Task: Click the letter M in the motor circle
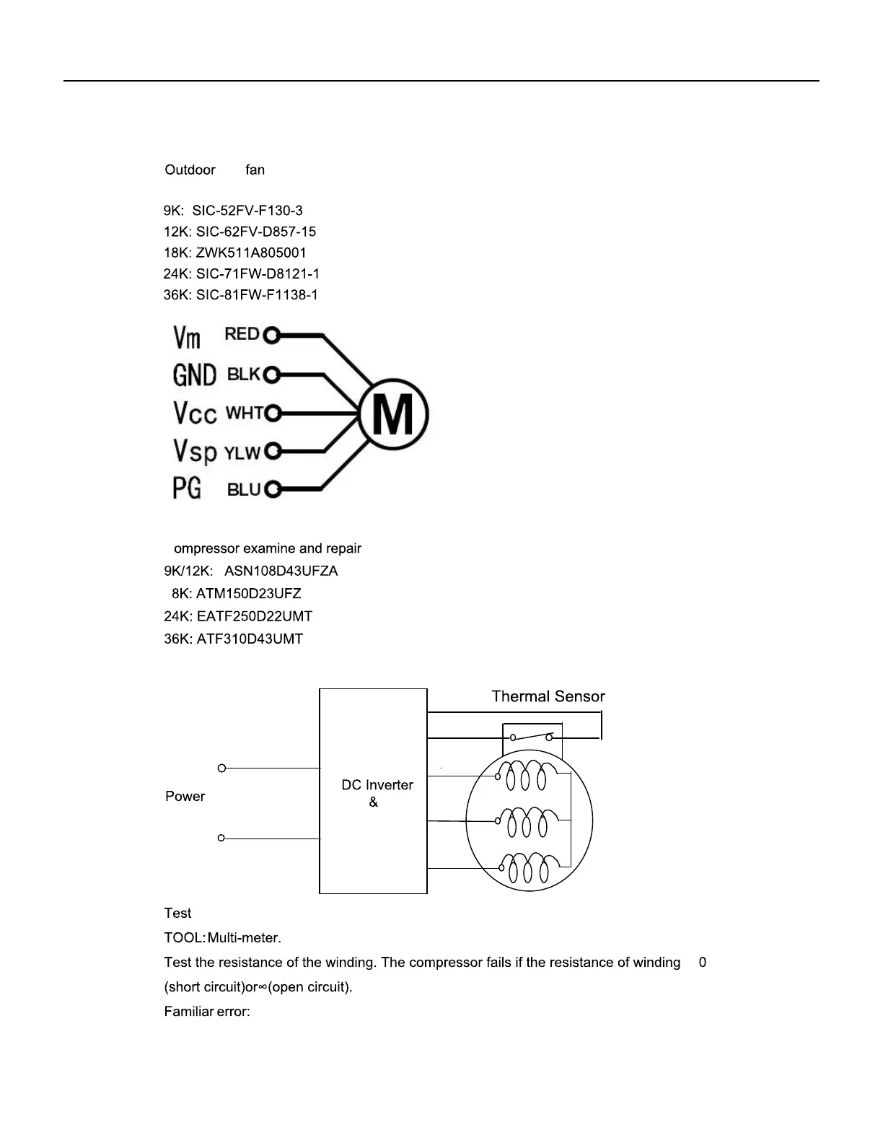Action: pyautogui.click(x=394, y=414)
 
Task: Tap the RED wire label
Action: pyautogui.click(x=242, y=334)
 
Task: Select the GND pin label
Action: pyautogui.click(x=194, y=375)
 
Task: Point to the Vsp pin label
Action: pyautogui.click(x=195, y=451)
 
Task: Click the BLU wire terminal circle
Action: pyautogui.click(x=272, y=490)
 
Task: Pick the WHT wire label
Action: pyautogui.click(x=245, y=413)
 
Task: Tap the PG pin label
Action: pyautogui.click(x=187, y=489)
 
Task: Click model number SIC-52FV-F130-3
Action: pyautogui.click(x=247, y=211)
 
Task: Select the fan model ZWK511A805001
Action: pyautogui.click(x=251, y=253)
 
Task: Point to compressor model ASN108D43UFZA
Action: pyautogui.click(x=281, y=571)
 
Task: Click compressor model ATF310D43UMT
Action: pyautogui.click(x=250, y=639)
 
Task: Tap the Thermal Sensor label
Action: pyautogui.click(x=548, y=696)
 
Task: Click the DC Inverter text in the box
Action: pyautogui.click(x=377, y=785)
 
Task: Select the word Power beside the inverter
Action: pyautogui.click(x=185, y=796)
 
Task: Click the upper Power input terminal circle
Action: pyautogui.click(x=221, y=768)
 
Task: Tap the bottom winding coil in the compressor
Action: pyautogui.click(x=530, y=868)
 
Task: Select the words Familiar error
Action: pyautogui.click(x=207, y=1012)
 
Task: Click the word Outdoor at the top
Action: pyautogui.click(x=190, y=170)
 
